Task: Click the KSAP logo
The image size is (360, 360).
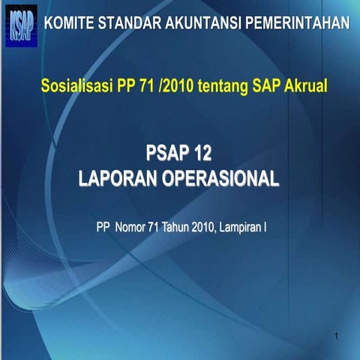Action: (x=20, y=25)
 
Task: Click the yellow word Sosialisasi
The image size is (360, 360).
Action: (x=75, y=88)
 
